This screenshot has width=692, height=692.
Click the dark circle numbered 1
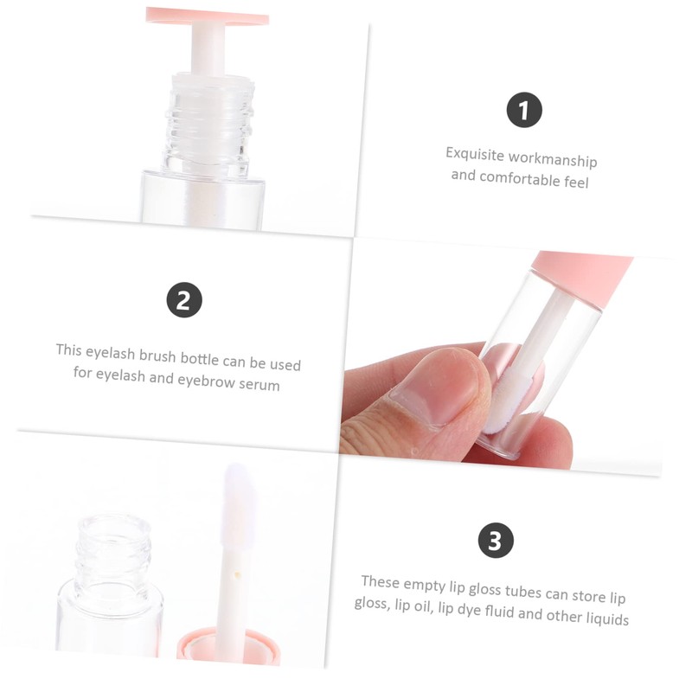(524, 111)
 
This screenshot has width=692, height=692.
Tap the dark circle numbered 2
(183, 300)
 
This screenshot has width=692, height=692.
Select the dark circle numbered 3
(496, 541)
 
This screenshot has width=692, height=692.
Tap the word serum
(259, 386)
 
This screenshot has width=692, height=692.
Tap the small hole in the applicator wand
(235, 573)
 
